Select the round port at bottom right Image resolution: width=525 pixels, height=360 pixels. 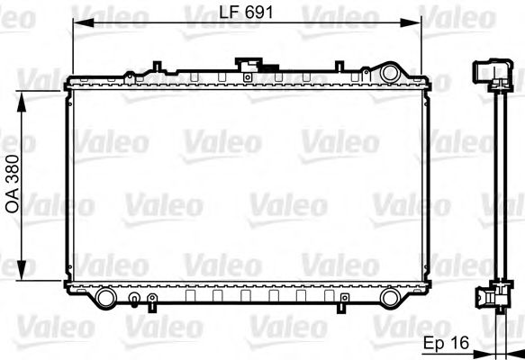(392, 297)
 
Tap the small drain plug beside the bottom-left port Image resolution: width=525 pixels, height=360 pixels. (134, 300)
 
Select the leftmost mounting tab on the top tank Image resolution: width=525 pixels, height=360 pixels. (158, 66)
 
